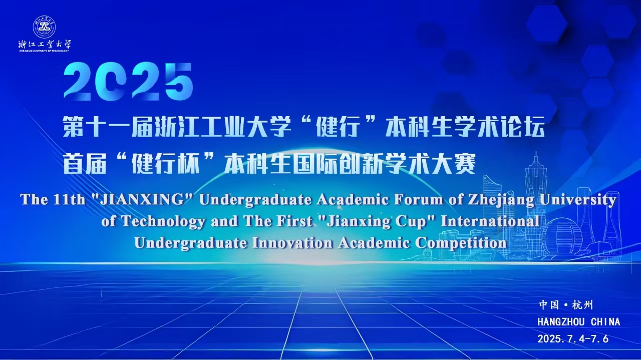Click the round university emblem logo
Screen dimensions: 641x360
(45, 27)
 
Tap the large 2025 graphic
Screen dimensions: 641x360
(128, 82)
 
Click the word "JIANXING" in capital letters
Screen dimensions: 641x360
(140, 199)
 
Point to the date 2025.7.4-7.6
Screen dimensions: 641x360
(573, 339)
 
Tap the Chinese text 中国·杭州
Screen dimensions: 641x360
(566, 305)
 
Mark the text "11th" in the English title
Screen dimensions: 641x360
(69, 199)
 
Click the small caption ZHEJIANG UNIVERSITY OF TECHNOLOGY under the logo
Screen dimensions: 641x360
(44, 51)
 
